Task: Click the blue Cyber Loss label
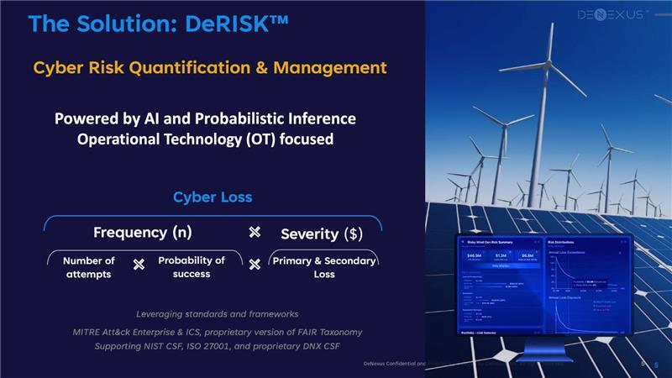point(213,197)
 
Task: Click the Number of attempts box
point(89,267)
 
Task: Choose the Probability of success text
point(192,266)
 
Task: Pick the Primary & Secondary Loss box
point(324,267)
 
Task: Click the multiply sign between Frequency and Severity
point(255,232)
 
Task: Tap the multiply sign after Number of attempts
point(139,265)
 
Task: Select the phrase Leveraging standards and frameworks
point(217,314)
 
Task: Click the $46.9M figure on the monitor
point(473,255)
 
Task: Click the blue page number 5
point(655,365)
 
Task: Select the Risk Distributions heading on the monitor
point(563,240)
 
